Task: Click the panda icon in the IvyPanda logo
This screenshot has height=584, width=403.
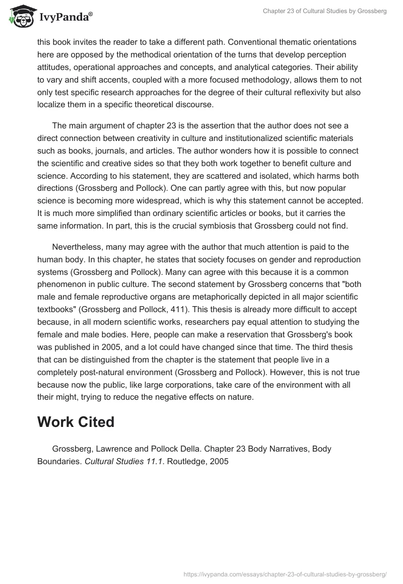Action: (x=20, y=17)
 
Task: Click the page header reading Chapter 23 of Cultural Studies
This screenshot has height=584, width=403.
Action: (x=324, y=11)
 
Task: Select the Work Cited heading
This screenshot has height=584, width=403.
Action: (x=76, y=422)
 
